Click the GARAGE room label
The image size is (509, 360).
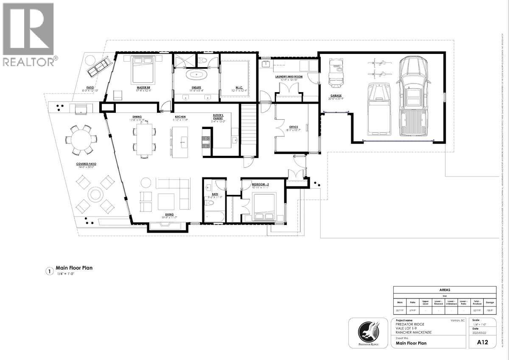pos(335,96)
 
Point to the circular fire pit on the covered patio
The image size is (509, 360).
pos(95,194)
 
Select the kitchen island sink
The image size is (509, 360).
pos(183,141)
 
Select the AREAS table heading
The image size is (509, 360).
pos(445,290)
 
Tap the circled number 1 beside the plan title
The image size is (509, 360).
pos(49,271)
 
